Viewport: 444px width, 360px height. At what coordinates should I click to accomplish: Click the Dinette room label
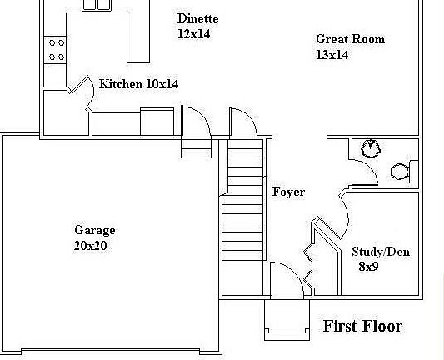pos(198,18)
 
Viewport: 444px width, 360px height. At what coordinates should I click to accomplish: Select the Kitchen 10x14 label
pos(138,84)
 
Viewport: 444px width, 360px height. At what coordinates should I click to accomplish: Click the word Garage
pos(95,230)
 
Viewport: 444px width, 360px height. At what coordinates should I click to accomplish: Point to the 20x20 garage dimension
pos(90,246)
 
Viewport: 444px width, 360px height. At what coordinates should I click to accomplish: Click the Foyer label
pos(288,192)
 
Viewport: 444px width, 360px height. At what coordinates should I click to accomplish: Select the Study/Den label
pos(380,251)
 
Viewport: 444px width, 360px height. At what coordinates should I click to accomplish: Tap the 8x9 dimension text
pos(368,267)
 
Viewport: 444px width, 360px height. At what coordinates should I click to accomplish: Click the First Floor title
pos(362,326)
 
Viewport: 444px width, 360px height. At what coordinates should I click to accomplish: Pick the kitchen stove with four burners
pos(56,50)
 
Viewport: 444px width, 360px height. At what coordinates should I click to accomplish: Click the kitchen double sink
pos(97,5)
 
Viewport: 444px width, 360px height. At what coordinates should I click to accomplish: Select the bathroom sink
pos(367,148)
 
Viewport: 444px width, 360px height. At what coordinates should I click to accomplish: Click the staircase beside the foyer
pos(242,203)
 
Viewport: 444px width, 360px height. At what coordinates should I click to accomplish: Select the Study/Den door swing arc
pos(343,212)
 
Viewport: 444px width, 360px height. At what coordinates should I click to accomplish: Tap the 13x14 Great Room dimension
pos(332,55)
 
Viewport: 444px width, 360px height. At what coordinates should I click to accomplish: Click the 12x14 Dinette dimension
pos(193,34)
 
